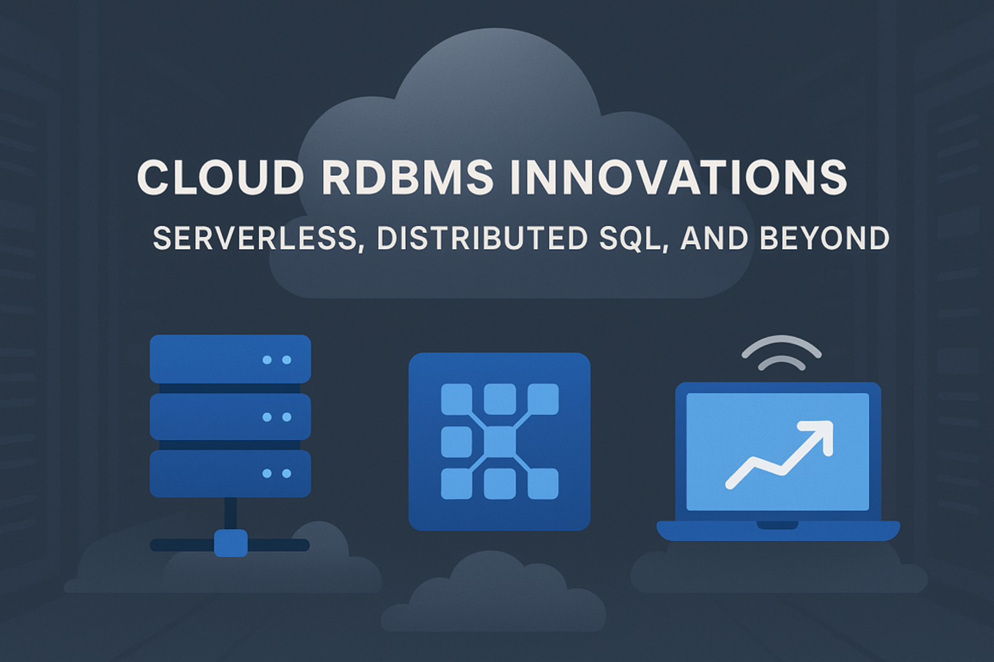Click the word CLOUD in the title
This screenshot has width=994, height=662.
point(220,176)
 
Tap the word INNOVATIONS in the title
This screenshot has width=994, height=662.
point(678,176)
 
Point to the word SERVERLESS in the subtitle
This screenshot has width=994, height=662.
point(255,239)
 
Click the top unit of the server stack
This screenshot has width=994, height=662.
point(230,359)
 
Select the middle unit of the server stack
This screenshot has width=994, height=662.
point(230,417)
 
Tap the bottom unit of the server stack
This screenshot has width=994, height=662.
point(230,473)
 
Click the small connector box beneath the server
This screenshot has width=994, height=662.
point(230,543)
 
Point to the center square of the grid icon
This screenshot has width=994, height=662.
point(500,442)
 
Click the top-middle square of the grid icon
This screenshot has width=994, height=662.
point(500,398)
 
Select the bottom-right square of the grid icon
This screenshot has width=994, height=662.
point(543,484)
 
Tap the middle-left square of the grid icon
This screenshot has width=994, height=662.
point(456,442)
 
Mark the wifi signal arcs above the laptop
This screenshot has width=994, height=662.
point(781,353)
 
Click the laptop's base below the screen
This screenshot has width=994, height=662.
point(778,530)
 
